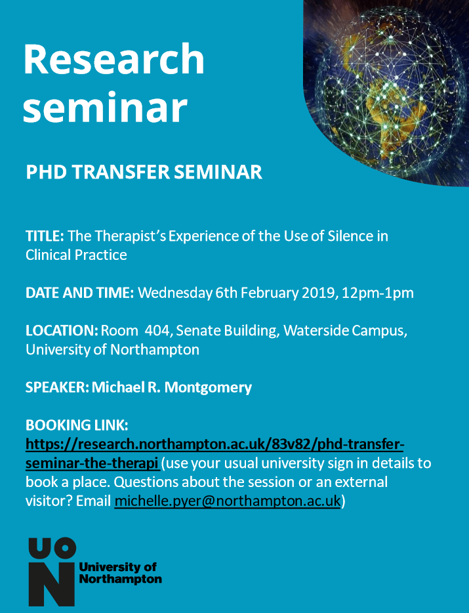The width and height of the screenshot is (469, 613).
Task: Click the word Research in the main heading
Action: (x=113, y=59)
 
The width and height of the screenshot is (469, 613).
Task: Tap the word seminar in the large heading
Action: (x=105, y=107)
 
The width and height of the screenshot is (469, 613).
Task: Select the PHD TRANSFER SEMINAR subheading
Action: (x=144, y=172)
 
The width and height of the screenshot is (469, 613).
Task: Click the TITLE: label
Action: (x=45, y=236)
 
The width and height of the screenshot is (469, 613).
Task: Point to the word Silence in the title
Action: (x=350, y=236)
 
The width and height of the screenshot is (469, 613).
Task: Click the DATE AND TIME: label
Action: (x=80, y=293)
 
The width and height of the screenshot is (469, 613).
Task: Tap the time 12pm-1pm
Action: (x=378, y=293)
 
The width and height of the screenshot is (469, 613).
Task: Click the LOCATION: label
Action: (x=62, y=331)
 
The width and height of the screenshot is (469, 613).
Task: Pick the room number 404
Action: (x=159, y=331)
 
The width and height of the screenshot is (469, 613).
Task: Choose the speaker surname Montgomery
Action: (x=208, y=388)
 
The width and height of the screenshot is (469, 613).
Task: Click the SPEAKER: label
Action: (x=58, y=387)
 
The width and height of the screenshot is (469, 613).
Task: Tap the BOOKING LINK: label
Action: (x=77, y=425)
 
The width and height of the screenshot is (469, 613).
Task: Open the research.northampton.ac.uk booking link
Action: (x=214, y=454)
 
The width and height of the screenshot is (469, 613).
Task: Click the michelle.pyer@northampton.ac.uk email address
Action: (x=228, y=501)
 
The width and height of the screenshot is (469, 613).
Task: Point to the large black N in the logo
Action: (x=51, y=585)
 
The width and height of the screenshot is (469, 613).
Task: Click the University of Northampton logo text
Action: (x=121, y=573)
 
